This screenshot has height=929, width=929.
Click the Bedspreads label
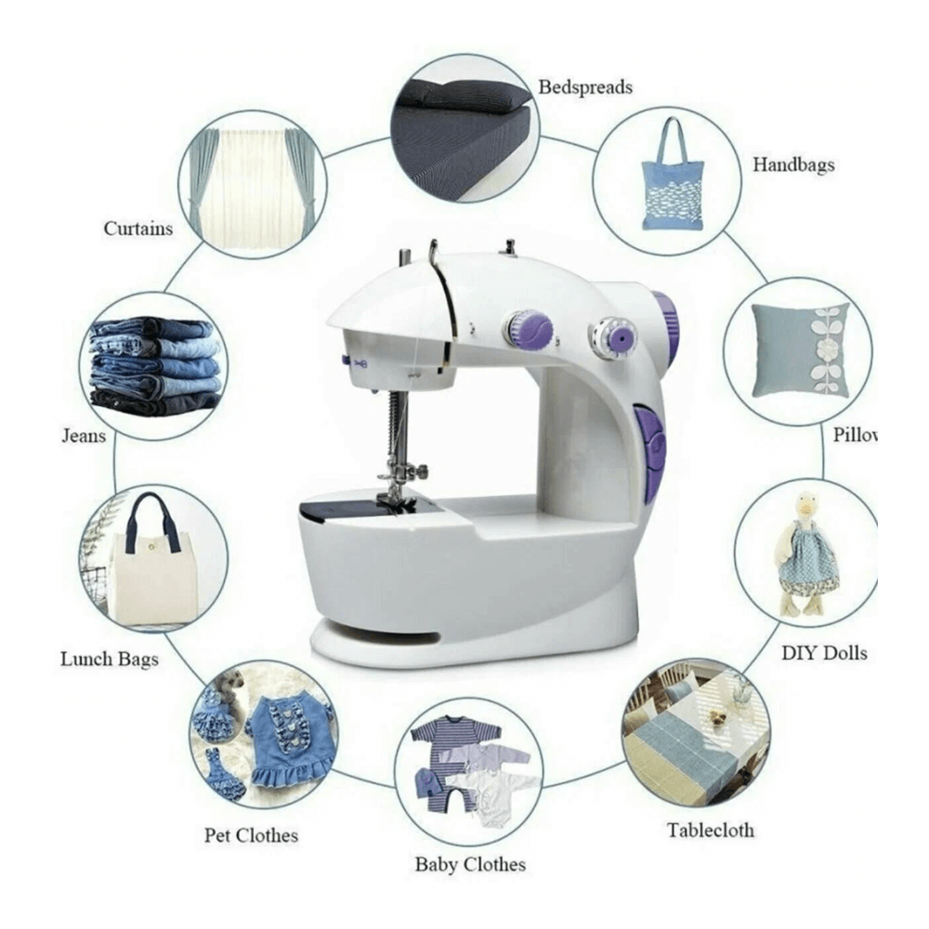tap(584, 87)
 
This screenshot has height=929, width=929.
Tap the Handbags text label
tap(793, 164)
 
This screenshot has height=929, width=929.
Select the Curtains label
tap(138, 229)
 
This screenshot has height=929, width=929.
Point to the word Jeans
tap(84, 436)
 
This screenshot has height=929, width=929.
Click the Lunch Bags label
tap(110, 659)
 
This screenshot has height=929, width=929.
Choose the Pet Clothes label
tap(251, 835)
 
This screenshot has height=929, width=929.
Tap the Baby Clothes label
tap(470, 864)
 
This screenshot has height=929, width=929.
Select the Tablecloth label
tap(711, 830)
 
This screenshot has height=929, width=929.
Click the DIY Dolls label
tap(824, 653)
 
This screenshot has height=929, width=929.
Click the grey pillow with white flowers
tap(801, 351)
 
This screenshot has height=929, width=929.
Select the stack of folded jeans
tap(156, 365)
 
